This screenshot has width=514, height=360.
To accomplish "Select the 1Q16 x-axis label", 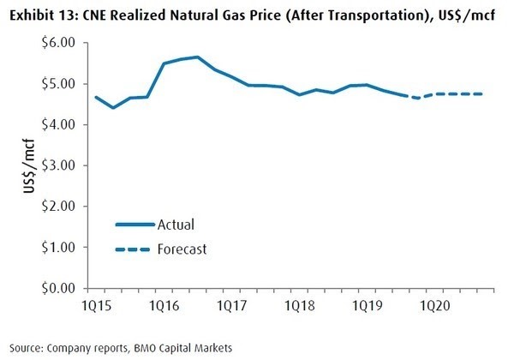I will point(164,306).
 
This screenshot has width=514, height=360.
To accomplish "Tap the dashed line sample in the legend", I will point(134,249).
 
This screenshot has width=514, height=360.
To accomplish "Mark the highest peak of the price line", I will point(198,57).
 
